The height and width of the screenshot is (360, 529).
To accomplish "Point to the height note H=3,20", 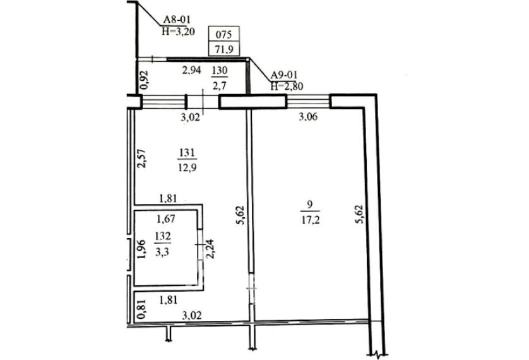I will click(177, 29).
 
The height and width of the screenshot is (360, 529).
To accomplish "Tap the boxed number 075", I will click(224, 35).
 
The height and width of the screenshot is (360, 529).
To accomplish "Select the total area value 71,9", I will click(224, 49).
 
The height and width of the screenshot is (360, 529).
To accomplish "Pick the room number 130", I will click(219, 70).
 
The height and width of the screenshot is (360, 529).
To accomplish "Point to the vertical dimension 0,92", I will click(143, 78).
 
